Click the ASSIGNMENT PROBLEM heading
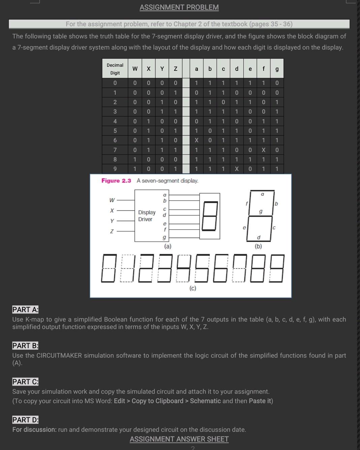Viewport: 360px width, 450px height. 179,7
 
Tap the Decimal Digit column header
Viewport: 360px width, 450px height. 115,69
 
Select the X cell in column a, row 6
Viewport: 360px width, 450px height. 197,140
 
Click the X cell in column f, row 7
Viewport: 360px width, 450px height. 264,150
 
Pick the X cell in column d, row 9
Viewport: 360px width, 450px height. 237,169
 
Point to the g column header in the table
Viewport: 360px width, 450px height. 277,69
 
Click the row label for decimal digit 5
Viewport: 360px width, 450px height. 115,131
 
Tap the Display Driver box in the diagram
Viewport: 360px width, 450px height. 147,216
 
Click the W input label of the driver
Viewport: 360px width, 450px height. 112,200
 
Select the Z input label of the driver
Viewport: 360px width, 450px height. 112,231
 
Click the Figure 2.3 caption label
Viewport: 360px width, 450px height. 116,181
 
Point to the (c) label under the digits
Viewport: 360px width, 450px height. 192,288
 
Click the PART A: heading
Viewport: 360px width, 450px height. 25,309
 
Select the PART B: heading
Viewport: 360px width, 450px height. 25,346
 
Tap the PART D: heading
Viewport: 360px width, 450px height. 25,420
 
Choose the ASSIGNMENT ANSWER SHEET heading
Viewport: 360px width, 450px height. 179,439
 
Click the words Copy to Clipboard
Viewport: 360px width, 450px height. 157,401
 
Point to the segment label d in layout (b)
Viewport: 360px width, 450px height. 259,238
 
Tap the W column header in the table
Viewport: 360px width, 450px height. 135,69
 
